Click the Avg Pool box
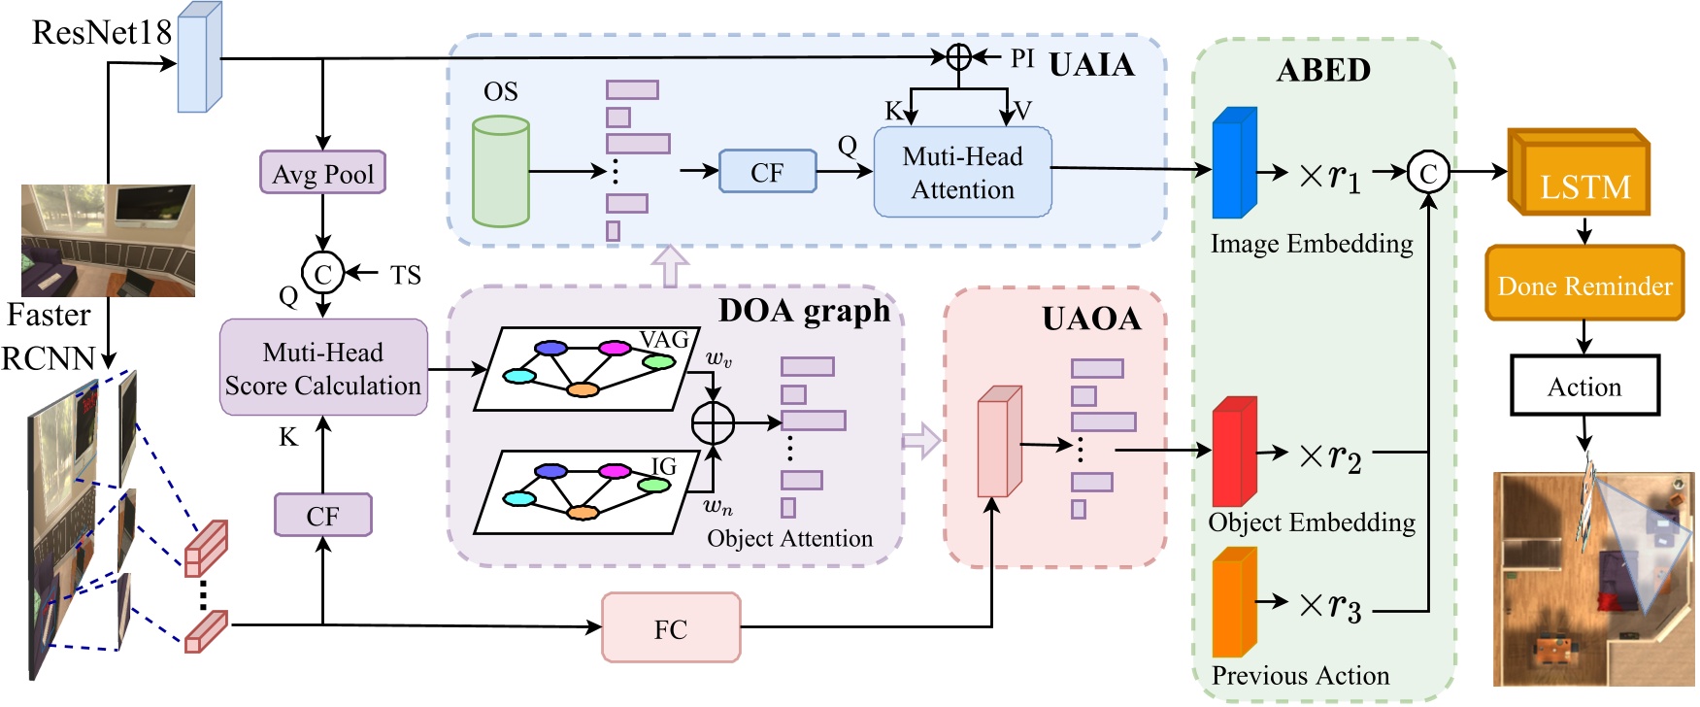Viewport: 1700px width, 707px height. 322,173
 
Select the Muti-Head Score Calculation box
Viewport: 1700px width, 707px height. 323,368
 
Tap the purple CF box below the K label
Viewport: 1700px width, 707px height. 322,515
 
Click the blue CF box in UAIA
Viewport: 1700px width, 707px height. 767,172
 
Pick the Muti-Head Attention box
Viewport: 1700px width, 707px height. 962,172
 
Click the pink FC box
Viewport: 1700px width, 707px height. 671,628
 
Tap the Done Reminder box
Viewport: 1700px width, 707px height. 1584,285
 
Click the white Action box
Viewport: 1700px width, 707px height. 1584,386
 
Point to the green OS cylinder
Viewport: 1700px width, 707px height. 500,172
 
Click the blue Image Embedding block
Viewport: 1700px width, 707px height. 1234,163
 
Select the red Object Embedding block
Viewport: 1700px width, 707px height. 1234,452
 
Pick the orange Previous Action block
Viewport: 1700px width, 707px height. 1234,602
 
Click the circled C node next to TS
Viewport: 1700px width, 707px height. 323,274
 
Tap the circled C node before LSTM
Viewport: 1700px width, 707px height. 1428,173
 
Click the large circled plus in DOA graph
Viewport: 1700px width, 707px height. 714,422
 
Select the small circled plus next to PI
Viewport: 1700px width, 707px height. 958,57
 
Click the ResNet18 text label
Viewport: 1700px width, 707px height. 101,32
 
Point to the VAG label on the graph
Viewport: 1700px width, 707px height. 664,340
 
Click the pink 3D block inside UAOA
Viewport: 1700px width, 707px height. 998,442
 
